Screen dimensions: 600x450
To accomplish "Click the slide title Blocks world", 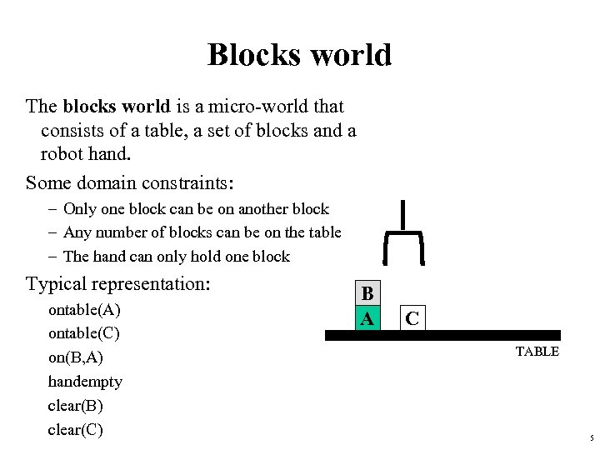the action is (299, 55).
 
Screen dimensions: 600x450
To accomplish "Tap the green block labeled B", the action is (367, 294).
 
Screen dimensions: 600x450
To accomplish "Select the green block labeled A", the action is (367, 318).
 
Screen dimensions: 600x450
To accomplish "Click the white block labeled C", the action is (412, 318).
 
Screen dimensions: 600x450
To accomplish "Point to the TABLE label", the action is (537, 352).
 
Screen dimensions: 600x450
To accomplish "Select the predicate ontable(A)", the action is (85, 311).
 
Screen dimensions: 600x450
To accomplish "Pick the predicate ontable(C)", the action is (85, 334).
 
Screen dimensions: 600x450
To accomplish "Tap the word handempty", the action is (85, 382).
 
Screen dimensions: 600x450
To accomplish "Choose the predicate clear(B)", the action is (76, 406).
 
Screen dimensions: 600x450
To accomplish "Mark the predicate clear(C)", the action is (76, 430).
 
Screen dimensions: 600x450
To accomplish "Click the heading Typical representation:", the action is (117, 283).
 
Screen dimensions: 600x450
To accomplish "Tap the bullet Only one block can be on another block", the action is (196, 209).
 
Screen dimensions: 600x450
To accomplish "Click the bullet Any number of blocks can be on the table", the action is (202, 232).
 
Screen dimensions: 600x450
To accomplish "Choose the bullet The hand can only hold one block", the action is (176, 257).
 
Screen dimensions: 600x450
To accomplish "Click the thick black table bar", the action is (442, 335).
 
